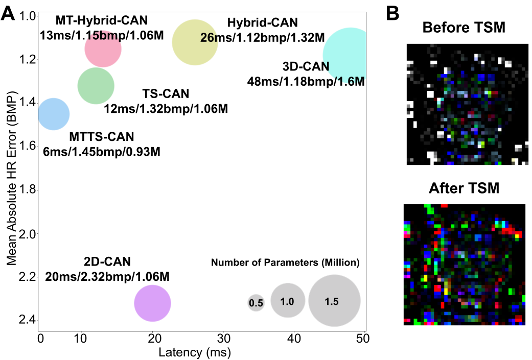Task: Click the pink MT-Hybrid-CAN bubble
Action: [103, 49]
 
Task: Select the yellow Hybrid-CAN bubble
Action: [195, 42]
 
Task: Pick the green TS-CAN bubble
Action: [96, 86]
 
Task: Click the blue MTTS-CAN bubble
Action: [54, 114]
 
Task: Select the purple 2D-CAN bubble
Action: [152, 303]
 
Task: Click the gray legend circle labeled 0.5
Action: [256, 303]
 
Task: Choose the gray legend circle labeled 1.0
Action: [288, 301]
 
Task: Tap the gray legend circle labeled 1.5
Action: [334, 301]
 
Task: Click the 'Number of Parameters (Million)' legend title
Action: [286, 263]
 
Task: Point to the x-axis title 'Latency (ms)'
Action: [194, 352]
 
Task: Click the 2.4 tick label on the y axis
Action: [25, 321]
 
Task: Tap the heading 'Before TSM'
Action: [464, 28]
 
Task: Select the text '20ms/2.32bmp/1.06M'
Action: [107, 277]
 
